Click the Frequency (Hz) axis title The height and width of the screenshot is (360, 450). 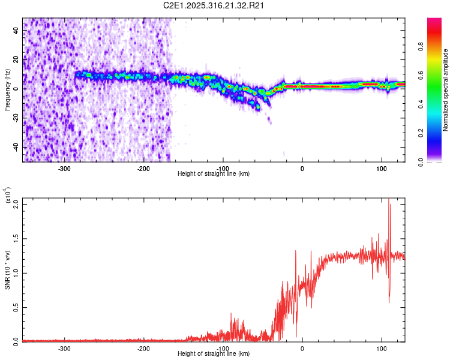7,90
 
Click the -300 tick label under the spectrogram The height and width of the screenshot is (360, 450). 64,168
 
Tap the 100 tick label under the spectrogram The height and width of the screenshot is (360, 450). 381,168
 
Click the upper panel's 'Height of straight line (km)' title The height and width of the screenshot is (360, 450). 214,174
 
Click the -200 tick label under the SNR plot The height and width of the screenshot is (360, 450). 143,348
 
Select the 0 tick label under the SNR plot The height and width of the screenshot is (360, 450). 302,348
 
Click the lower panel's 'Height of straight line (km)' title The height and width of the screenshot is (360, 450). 214,354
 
